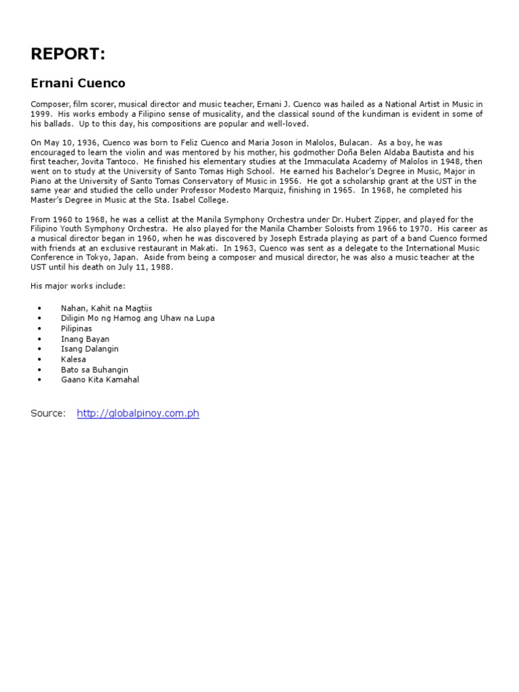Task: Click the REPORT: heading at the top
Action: (68, 54)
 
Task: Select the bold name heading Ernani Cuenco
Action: (78, 83)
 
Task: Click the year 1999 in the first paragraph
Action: (41, 114)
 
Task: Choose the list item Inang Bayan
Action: (85, 339)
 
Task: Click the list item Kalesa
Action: (74, 360)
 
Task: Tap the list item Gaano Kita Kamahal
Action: (100, 380)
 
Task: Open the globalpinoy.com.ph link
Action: (138, 413)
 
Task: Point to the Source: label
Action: (48, 413)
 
